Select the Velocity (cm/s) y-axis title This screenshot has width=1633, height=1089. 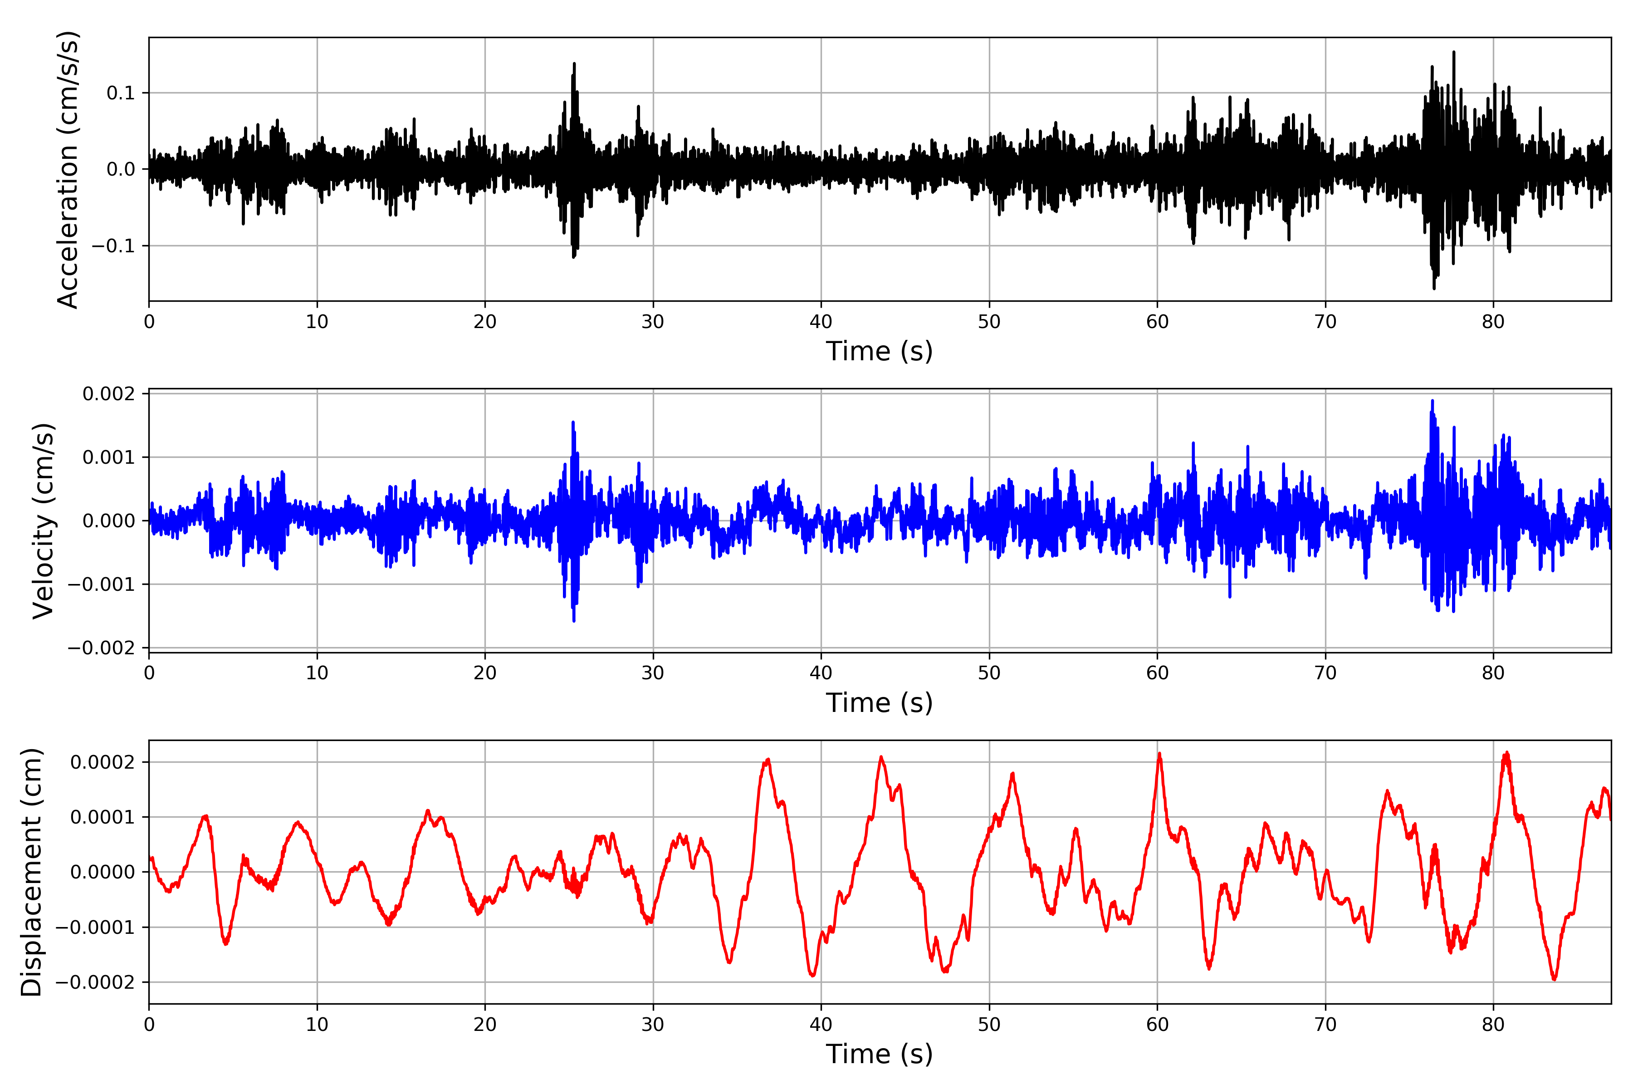[43, 521]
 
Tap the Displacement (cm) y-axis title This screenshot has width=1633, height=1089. [31, 872]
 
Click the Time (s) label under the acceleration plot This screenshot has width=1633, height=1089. [879, 351]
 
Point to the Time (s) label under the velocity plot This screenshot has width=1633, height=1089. [879, 703]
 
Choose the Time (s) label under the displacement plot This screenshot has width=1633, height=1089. [879, 1054]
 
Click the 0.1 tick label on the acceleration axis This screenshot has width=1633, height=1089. [120, 93]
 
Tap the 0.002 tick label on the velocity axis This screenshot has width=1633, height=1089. [109, 394]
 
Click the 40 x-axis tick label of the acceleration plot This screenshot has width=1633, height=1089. [821, 322]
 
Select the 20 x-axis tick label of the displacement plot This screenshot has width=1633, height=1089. [484, 1025]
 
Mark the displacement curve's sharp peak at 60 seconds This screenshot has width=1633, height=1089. [1159, 754]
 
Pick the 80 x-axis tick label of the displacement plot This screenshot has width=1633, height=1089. [1493, 1025]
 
